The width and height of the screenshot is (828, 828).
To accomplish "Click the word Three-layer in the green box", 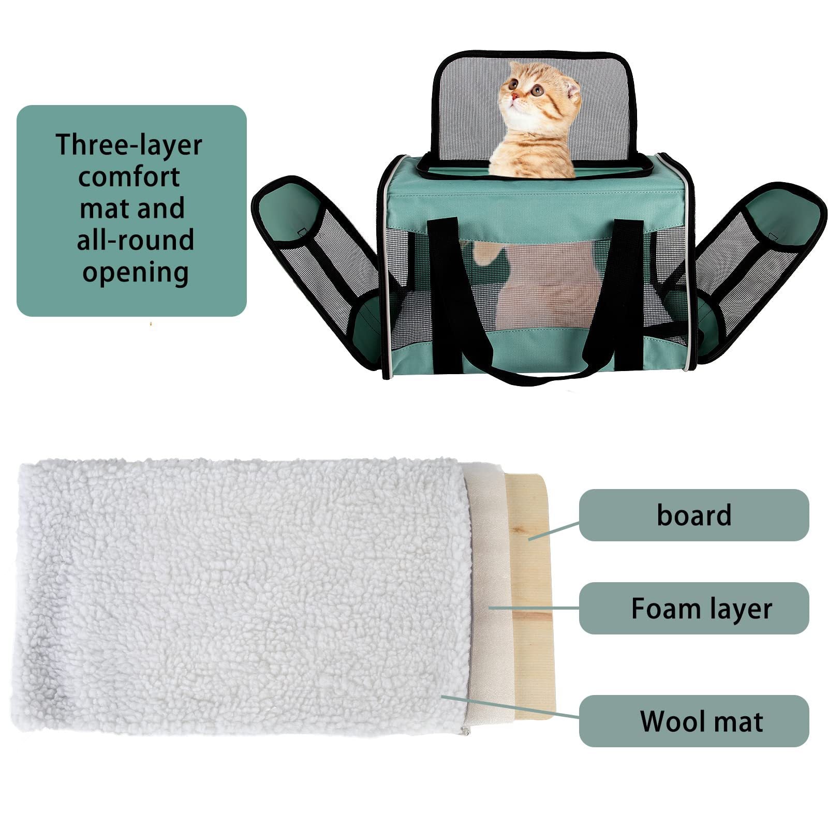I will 128,145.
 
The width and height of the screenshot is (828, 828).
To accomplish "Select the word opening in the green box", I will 135,272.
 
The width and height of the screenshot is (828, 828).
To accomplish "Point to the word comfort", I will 129,177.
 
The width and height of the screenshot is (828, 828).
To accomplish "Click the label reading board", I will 693,515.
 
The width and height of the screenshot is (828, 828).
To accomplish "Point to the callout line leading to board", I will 554,531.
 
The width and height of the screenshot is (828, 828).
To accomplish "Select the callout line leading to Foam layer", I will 533,608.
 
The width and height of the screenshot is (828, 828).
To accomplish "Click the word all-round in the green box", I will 135,240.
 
